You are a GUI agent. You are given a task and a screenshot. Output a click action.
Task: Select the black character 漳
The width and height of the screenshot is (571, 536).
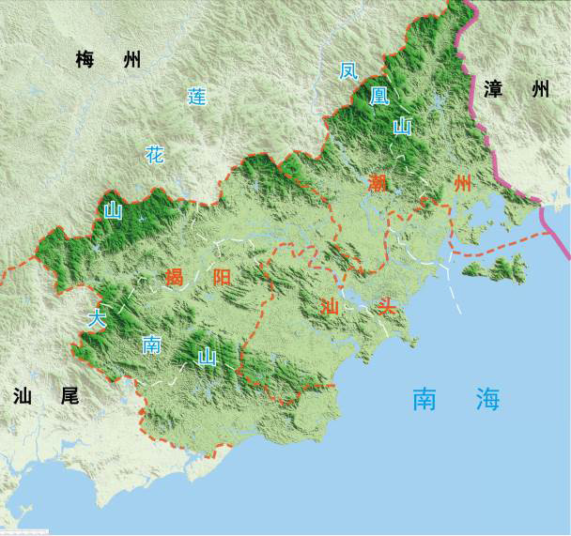pyautogui.click(x=494, y=90)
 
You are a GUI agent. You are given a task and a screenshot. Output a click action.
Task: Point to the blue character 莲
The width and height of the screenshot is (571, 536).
pyautogui.click(x=196, y=97)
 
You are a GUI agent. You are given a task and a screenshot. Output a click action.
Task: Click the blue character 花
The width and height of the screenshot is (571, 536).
pyautogui.click(x=154, y=155)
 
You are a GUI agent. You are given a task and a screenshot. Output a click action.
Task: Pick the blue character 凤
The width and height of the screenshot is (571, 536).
pyautogui.click(x=348, y=70)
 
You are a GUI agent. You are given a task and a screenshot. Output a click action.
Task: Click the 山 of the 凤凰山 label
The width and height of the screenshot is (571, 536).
pyautogui.click(x=402, y=127)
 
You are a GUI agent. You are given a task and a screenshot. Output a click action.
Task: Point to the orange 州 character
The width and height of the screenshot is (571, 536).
pyautogui.click(x=461, y=182)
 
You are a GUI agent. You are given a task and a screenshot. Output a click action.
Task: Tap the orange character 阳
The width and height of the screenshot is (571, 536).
pyautogui.click(x=222, y=277)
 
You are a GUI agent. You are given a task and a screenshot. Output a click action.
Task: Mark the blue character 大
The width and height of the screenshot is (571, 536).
pyautogui.click(x=96, y=318)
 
